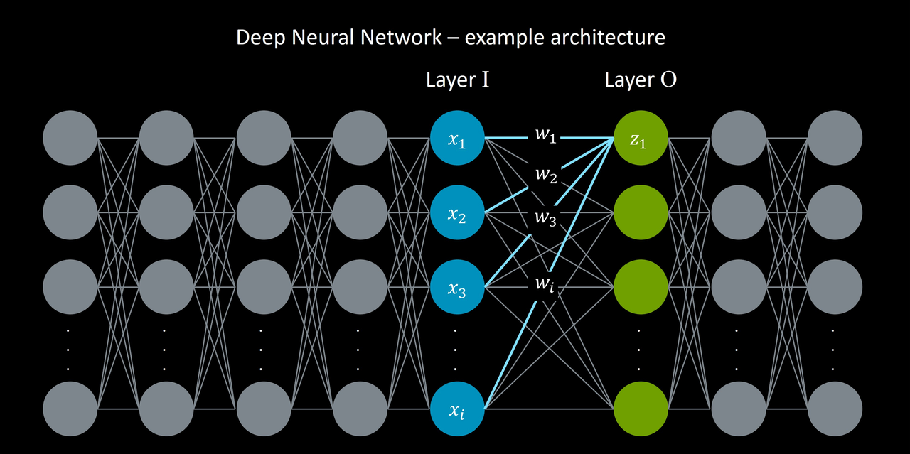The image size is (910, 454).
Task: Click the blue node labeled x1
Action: pyautogui.click(x=457, y=139)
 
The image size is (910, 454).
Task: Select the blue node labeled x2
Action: pyautogui.click(x=457, y=212)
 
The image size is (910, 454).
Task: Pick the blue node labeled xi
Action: pyautogui.click(x=457, y=409)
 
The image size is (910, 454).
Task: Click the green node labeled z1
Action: pyautogui.click(x=640, y=139)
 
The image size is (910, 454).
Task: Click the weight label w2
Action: pyautogui.click(x=545, y=175)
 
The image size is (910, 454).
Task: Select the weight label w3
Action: pyautogui.click(x=545, y=216)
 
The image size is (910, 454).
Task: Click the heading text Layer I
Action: pyautogui.click(x=457, y=80)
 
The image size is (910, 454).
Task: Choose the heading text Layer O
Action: pyautogui.click(x=640, y=80)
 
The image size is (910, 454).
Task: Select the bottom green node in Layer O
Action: pyautogui.click(x=640, y=409)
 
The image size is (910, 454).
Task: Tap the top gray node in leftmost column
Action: pyautogui.click(x=70, y=139)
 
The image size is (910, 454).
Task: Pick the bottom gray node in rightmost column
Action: pyautogui.click(x=835, y=409)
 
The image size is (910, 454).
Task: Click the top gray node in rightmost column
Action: pyautogui.click(x=835, y=139)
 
